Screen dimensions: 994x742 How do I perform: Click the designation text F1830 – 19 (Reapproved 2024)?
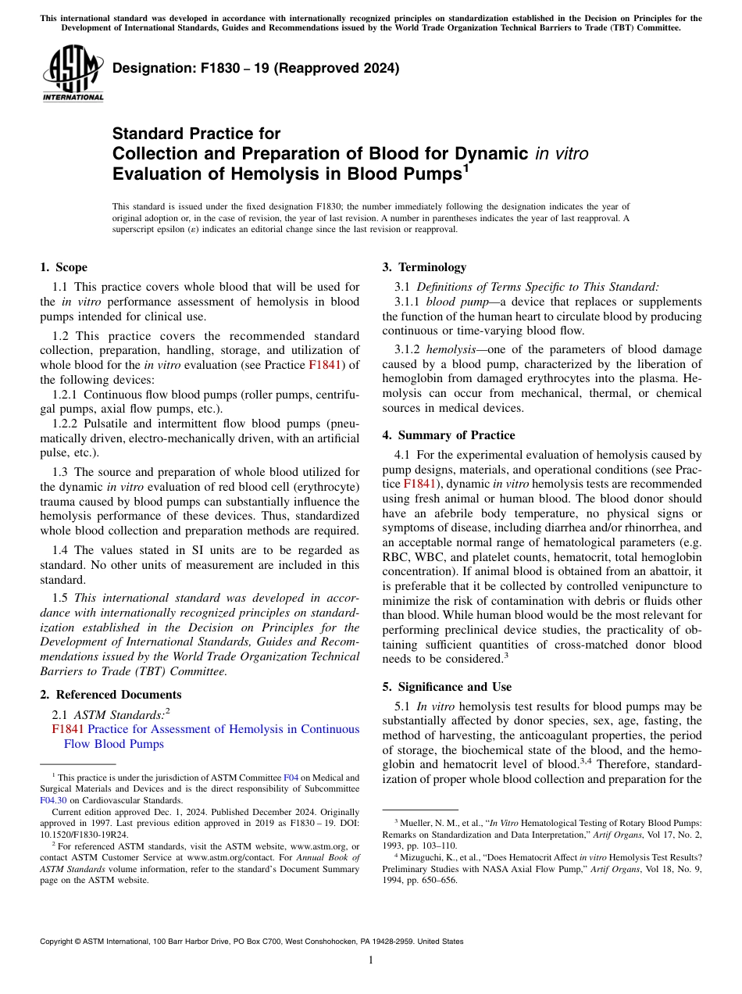pyautogui.click(x=255, y=68)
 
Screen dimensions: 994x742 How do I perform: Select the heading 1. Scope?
pyautogui.click(x=64, y=267)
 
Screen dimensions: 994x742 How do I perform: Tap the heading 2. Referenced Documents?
pyautogui.click(x=111, y=695)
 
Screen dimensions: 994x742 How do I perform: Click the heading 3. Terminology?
pyautogui.click(x=424, y=267)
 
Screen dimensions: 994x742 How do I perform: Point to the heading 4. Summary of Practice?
pyautogui.click(x=448, y=435)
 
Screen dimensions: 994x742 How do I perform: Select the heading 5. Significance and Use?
pyautogui.click(x=447, y=687)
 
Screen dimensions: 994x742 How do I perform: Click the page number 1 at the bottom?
pyautogui.click(x=371, y=960)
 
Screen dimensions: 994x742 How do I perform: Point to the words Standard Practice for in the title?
pyautogui.click(x=196, y=134)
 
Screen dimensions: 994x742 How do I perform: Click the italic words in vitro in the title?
pyautogui.click(x=561, y=154)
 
